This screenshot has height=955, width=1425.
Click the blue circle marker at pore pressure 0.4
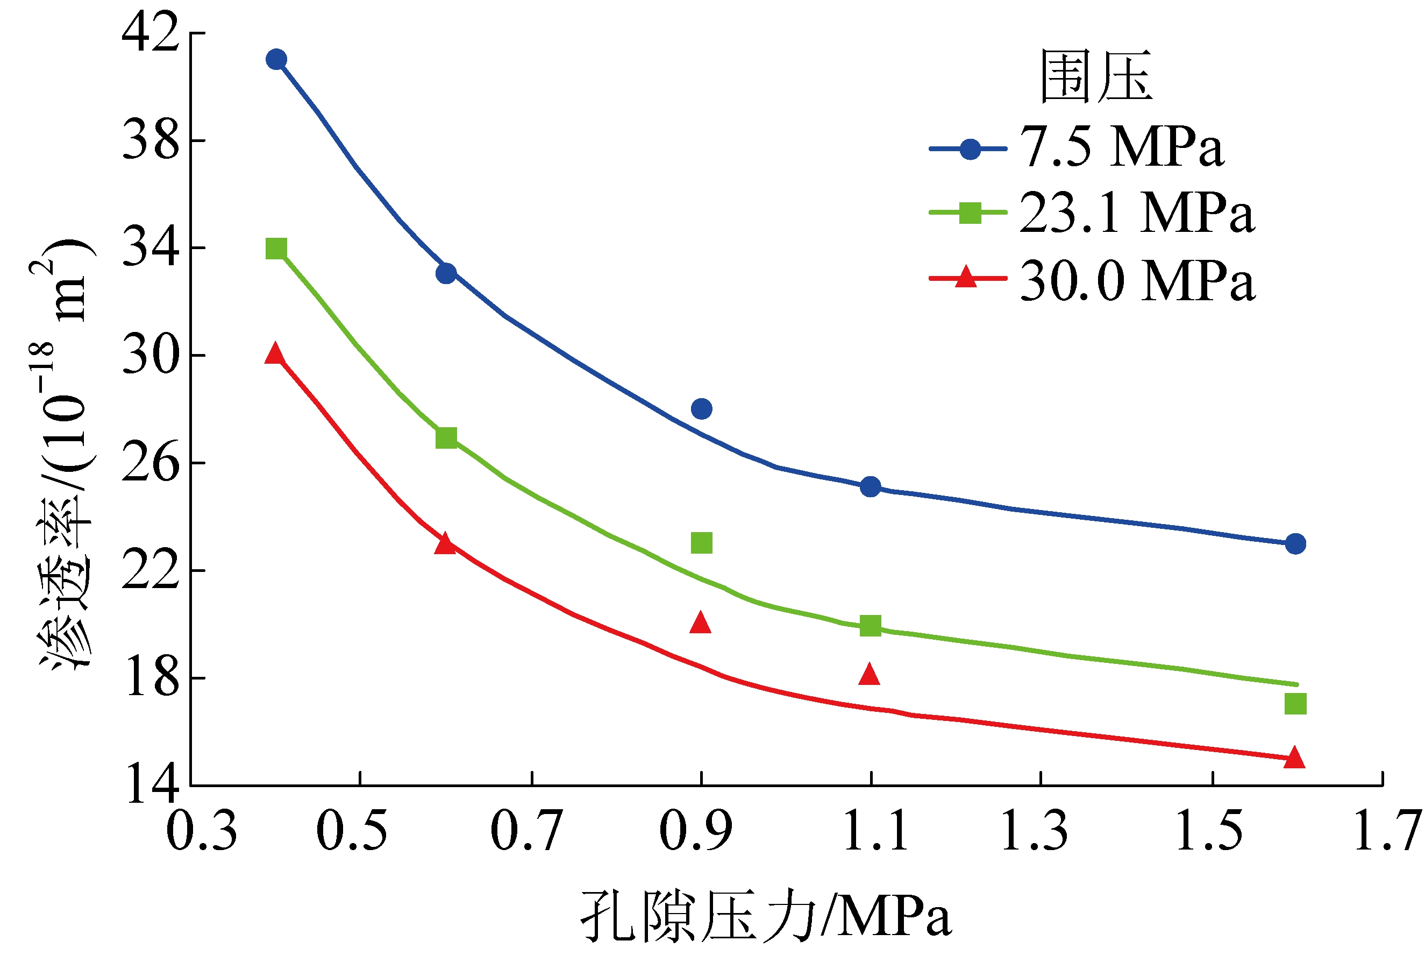pos(276,60)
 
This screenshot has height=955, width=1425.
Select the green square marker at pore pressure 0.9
pos(702,543)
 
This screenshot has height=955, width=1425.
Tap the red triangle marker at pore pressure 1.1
pos(869,675)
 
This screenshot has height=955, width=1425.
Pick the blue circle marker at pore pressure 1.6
pos(1295,543)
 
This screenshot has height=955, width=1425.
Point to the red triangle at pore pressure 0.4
pos(275,354)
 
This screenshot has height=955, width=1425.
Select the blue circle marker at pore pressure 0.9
pos(702,409)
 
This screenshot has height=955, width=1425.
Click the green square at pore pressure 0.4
pos(276,249)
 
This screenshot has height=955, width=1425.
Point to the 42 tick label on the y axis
pos(151,33)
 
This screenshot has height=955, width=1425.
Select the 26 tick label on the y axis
pos(151,463)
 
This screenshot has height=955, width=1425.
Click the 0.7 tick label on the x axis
pos(526,831)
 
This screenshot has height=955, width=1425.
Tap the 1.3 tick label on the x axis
pos(1035,831)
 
